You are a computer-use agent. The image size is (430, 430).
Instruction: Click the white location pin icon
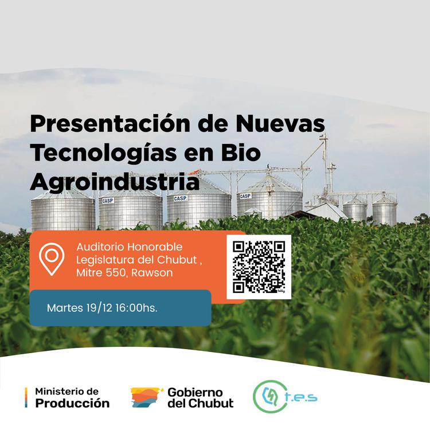tap(52, 259)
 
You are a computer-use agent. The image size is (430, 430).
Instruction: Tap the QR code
tap(259, 267)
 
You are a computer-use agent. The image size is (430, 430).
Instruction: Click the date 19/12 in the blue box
tap(97, 308)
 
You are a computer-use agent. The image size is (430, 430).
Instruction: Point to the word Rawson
tap(152, 273)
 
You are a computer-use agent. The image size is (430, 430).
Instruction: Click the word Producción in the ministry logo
tap(72, 403)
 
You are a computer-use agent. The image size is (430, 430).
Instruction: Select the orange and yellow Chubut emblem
tap(147, 397)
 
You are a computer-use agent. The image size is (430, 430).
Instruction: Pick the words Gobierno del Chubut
tap(200, 397)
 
